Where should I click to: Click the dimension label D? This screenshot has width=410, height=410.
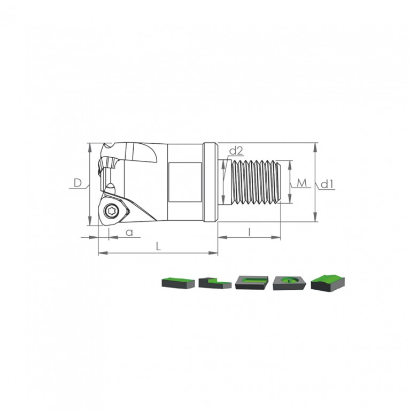click(x=78, y=183)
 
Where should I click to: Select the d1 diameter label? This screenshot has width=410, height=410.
click(x=327, y=184)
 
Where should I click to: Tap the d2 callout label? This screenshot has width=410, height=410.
click(x=236, y=151)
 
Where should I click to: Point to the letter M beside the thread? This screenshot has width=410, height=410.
click(x=302, y=183)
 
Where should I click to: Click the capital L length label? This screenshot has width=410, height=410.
click(x=158, y=246)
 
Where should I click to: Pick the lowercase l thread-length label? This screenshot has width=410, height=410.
click(x=250, y=232)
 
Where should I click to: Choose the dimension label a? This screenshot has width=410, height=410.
click(x=129, y=232)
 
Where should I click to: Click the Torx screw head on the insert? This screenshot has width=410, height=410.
click(x=109, y=211)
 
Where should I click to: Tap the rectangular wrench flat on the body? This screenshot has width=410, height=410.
click(x=185, y=182)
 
